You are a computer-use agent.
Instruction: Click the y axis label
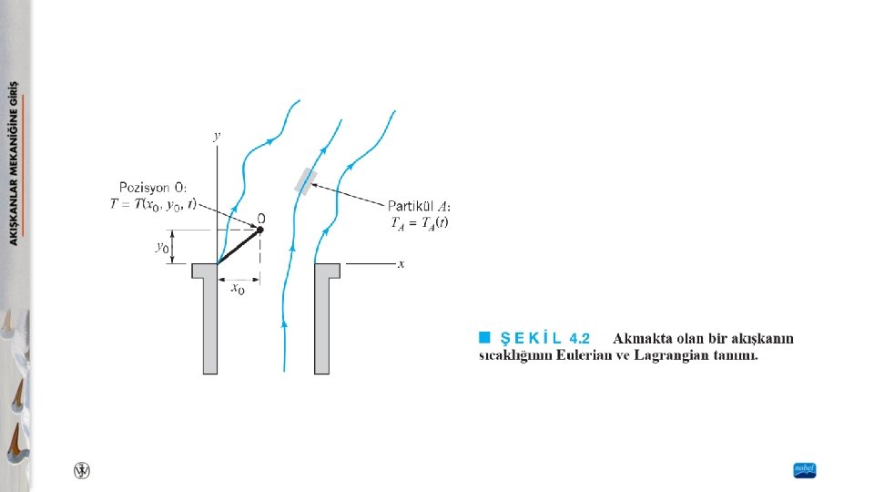[x=217, y=136]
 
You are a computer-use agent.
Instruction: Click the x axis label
[x=401, y=264]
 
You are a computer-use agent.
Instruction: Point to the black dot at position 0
[x=259, y=230]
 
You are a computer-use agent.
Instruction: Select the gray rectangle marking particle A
[x=306, y=181]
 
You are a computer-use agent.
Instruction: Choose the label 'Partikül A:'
[x=421, y=206]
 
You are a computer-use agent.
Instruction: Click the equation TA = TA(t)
[x=419, y=221]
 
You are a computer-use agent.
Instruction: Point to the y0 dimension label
[x=160, y=247]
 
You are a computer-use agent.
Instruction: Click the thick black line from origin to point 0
[x=239, y=247]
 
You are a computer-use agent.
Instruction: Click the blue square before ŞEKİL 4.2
[x=485, y=338]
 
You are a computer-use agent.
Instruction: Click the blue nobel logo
[x=805, y=470]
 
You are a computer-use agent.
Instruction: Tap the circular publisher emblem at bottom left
[x=82, y=470]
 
